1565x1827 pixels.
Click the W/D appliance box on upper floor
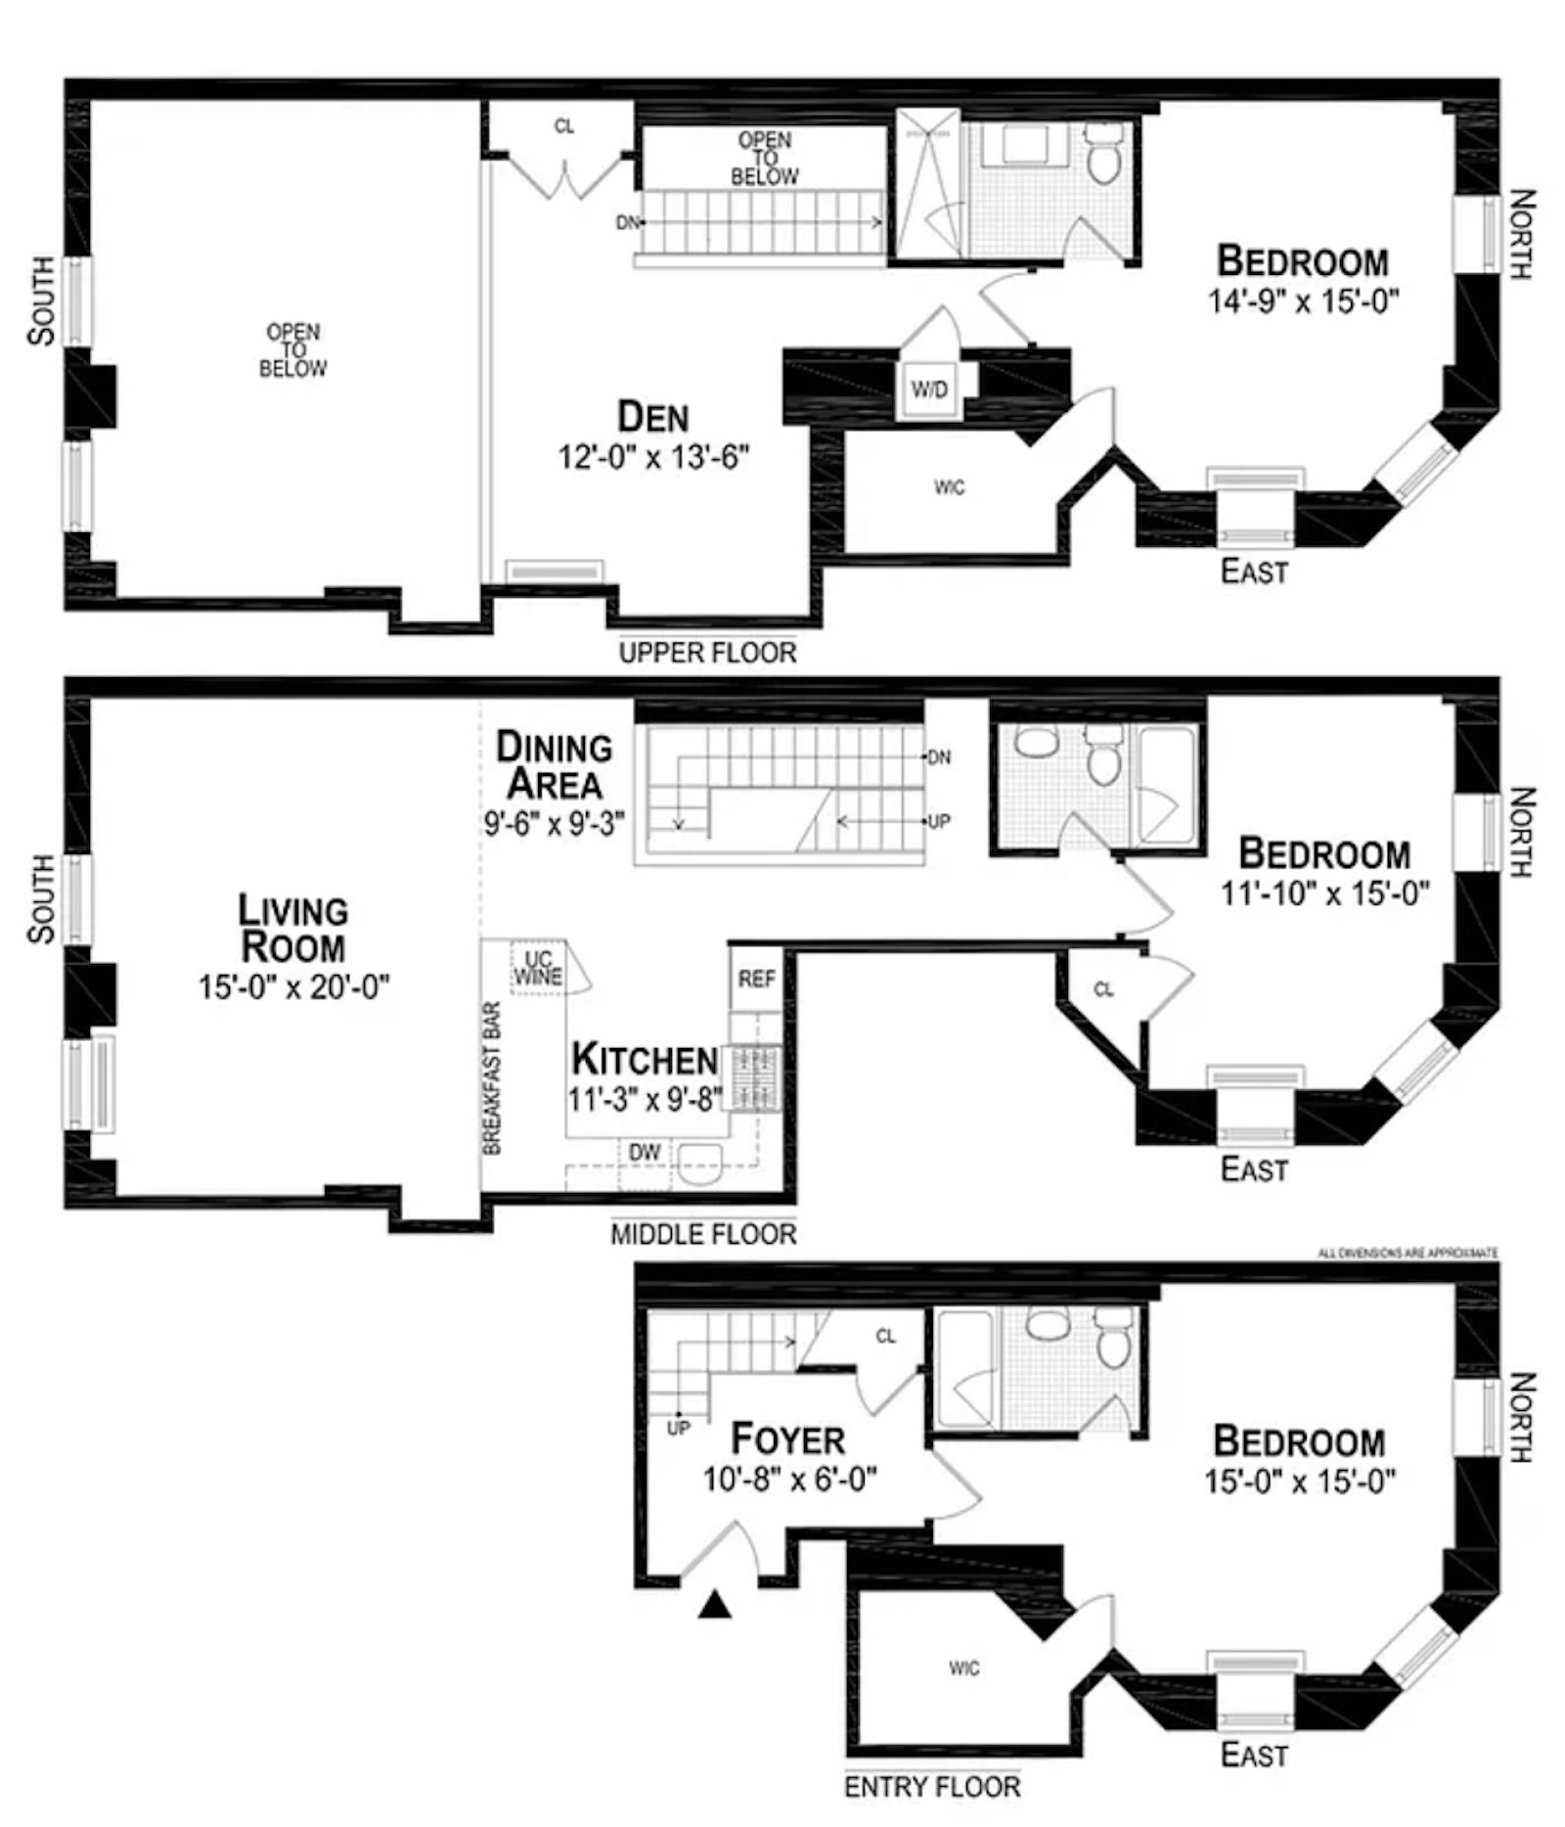tap(928, 389)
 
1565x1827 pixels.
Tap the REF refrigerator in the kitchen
tap(756, 979)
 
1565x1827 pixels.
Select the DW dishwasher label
tap(644, 1153)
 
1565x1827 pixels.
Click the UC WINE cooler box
tap(538, 968)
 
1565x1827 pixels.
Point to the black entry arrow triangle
tap(715, 1605)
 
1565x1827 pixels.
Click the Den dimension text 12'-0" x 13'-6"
tap(653, 457)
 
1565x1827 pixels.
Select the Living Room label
tap(292, 929)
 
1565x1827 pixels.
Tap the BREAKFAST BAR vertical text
tap(493, 1077)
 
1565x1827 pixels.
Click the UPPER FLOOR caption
tap(707, 653)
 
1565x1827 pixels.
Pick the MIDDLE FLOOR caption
tap(703, 1234)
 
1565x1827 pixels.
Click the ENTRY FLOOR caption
tap(932, 1786)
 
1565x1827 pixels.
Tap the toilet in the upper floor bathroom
tap(1104, 158)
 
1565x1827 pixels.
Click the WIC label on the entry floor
tap(963, 1667)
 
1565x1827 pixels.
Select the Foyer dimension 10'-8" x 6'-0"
tap(789, 1479)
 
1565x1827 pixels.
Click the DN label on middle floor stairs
tap(938, 757)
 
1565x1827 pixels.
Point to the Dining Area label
tap(554, 765)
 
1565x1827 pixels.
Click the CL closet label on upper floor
tap(564, 127)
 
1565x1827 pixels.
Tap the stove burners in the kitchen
tap(756, 1077)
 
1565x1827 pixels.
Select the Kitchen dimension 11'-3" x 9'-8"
tap(644, 1099)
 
